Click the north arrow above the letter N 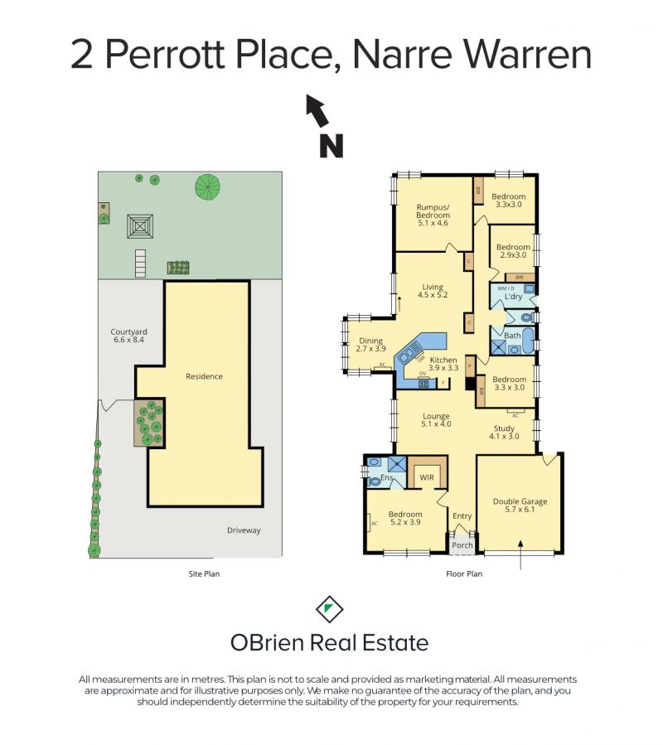tap(316, 110)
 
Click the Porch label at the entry tap(462, 545)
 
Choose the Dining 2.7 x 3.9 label tap(370, 345)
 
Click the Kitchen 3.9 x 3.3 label tap(443, 365)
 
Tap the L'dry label tap(510, 296)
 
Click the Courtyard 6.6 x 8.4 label tap(128, 336)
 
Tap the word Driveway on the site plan tap(244, 530)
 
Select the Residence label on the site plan tap(204, 376)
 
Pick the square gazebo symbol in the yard tap(139, 225)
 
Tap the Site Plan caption tap(204, 573)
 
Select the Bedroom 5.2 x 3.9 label tap(406, 519)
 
